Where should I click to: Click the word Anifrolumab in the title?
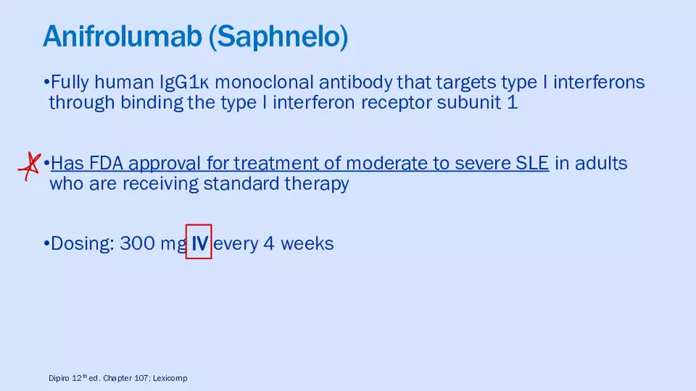123,36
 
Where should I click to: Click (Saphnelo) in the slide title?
278,37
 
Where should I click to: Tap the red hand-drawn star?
29,166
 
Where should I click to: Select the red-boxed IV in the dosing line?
199,242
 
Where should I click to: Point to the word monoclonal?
264,82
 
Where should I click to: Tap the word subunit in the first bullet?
469,103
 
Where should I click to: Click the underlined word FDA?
106,164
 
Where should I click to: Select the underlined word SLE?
532,164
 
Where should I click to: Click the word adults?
601,164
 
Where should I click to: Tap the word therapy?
316,184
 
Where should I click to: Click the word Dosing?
82,244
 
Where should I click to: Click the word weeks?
307,243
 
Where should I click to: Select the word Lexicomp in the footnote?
170,378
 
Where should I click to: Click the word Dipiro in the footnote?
59,378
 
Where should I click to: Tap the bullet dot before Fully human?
46,82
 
